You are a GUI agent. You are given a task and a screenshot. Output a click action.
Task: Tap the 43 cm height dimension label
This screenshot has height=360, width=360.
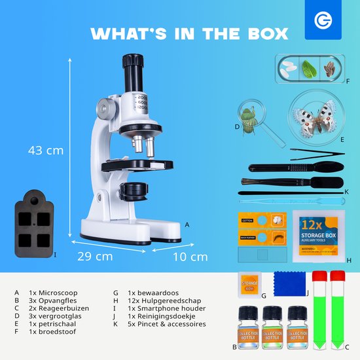coord(46,150)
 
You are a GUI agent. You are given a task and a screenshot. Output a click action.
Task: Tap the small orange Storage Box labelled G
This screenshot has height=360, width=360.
coord(249,281)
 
